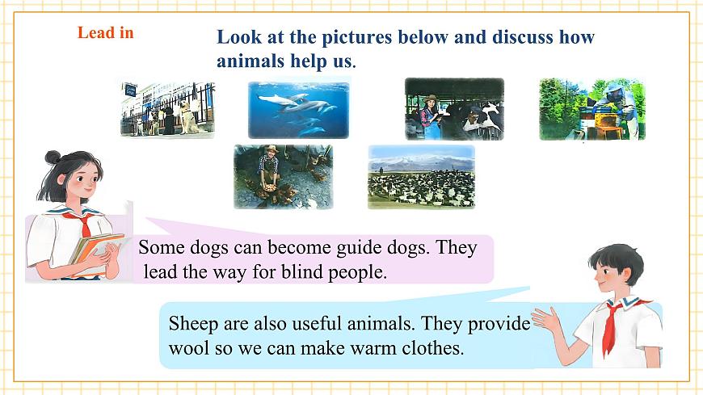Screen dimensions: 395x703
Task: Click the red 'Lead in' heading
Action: click(105, 33)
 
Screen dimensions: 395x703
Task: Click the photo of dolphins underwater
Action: click(298, 109)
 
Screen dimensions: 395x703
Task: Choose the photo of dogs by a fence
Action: click(168, 110)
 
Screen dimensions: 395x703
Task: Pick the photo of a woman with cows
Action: click(454, 109)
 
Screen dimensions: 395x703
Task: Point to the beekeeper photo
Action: click(591, 109)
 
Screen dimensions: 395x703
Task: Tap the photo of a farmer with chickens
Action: click(283, 176)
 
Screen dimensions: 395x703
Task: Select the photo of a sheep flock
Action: click(421, 177)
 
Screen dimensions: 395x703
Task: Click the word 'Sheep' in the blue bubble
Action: click(192, 323)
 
